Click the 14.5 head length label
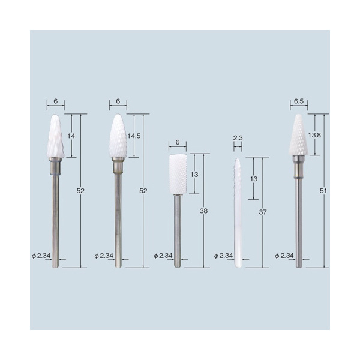click(x=134, y=136)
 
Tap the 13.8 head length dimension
click(x=314, y=135)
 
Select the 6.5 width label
click(x=299, y=101)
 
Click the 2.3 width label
click(x=238, y=138)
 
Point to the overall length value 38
click(x=203, y=211)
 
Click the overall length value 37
click(x=263, y=212)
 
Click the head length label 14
click(x=71, y=136)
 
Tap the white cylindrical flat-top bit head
click(x=178, y=175)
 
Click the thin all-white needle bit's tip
click(x=238, y=158)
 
